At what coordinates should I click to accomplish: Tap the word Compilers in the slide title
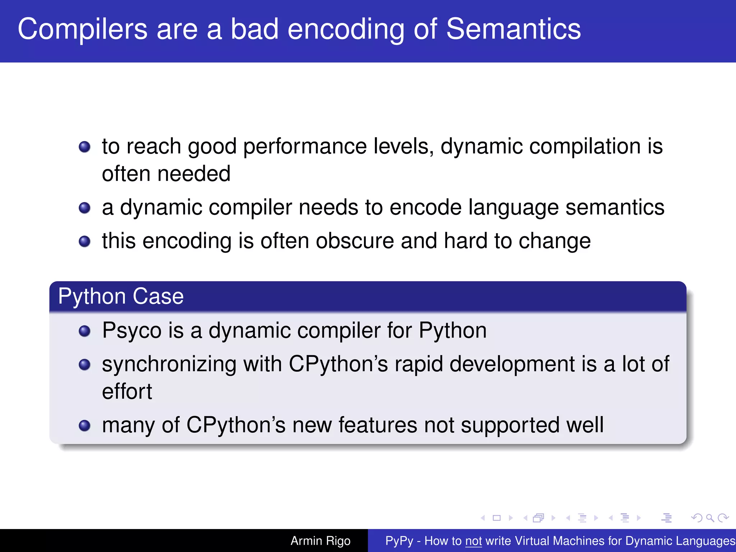click(x=82, y=29)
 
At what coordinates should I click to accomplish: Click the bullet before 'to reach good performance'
click(x=84, y=147)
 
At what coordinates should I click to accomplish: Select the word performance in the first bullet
click(x=305, y=147)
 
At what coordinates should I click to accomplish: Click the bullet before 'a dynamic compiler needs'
click(x=84, y=208)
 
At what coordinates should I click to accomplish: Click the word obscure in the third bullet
click(x=355, y=241)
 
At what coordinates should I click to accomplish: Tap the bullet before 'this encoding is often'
click(x=84, y=241)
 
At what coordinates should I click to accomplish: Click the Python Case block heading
click(x=121, y=296)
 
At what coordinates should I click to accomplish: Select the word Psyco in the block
click(x=132, y=331)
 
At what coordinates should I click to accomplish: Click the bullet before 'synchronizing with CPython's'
click(x=84, y=365)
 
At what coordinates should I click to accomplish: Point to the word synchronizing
click(x=169, y=364)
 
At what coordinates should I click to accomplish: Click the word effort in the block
click(x=127, y=391)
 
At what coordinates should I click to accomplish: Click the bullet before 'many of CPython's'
click(x=84, y=425)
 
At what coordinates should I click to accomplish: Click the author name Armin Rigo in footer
click(x=320, y=541)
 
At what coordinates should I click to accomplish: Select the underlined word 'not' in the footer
click(x=473, y=541)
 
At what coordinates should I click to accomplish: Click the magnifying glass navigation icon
click(x=710, y=518)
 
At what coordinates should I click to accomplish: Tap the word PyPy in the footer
click(x=399, y=541)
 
